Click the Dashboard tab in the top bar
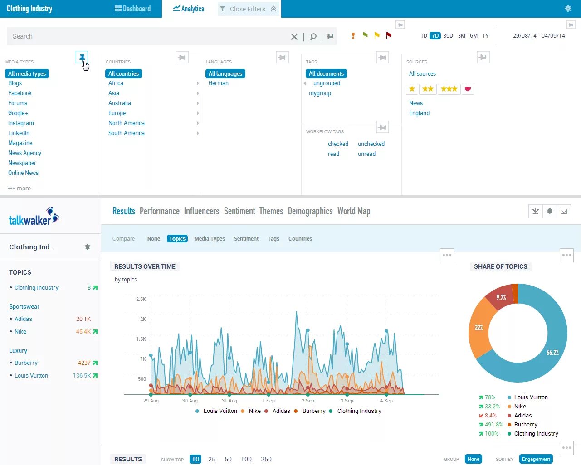pos(132,9)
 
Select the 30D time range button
pos(448,36)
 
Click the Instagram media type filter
pos(21,123)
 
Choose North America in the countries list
pos(127,123)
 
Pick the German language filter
pos(219,83)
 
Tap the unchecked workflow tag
pos(371,144)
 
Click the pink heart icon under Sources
pos(468,89)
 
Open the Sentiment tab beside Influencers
pos(239,211)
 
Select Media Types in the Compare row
pos(210,239)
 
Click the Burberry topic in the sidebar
pos(26,363)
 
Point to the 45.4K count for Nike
pos(83,332)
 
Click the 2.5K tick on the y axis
pos(141,299)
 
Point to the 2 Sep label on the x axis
pos(308,401)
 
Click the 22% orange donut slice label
pos(479,327)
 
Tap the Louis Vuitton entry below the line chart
pos(220,411)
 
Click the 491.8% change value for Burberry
pos(493,425)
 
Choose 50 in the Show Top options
pos(228,459)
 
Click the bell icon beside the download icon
pos(550,211)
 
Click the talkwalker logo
pos(34,217)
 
